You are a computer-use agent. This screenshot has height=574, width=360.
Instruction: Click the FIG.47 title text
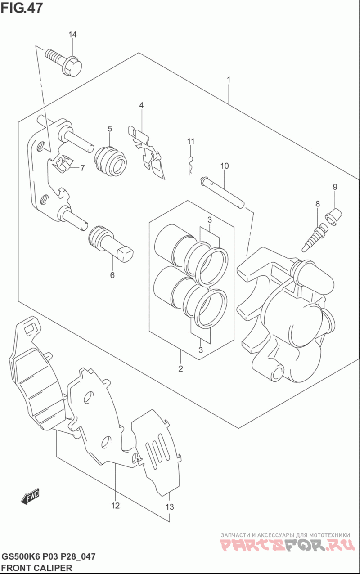tap(22, 8)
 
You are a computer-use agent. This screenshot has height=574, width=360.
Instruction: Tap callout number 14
tap(72, 34)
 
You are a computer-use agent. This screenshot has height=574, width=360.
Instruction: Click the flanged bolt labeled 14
tap(64, 62)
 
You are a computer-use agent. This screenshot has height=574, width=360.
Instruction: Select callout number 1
tap(228, 80)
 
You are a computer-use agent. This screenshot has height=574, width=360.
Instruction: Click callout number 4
tap(141, 105)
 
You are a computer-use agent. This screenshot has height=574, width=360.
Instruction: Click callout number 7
tap(82, 168)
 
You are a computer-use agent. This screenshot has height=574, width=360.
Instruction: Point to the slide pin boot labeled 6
tap(111, 244)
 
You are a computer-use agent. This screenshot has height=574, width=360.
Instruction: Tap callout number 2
tap(180, 368)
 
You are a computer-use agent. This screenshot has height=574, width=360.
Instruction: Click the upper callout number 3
tap(210, 220)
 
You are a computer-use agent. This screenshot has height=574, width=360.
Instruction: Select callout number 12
tap(115, 506)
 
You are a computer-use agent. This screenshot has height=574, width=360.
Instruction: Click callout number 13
tap(170, 507)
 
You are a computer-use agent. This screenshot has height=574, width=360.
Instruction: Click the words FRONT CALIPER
tap(37, 568)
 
